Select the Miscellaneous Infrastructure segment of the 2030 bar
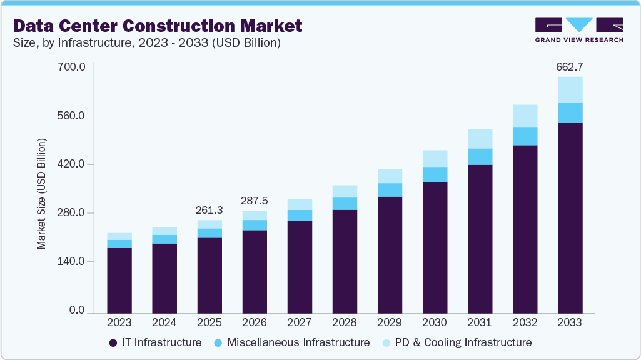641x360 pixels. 435,174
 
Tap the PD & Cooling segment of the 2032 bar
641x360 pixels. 525,116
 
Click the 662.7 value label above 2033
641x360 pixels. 570,66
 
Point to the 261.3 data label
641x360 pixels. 209,210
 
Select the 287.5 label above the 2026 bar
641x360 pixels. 255,201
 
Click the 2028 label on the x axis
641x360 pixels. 345,322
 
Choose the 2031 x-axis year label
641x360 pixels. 480,322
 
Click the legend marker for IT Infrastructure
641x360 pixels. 113,342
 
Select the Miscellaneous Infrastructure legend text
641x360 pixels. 298,342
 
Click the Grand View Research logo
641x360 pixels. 579,29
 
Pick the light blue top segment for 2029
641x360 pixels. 390,176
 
